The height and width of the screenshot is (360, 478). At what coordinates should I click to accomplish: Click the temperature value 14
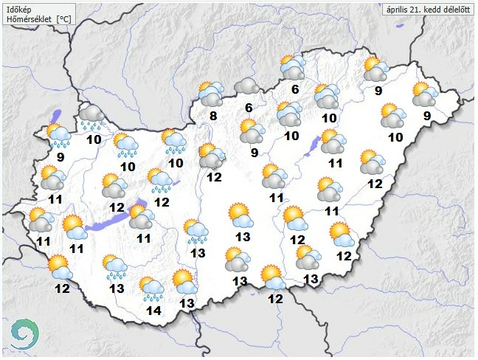click(x=153, y=311)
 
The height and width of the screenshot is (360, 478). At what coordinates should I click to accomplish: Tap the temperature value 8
click(x=212, y=115)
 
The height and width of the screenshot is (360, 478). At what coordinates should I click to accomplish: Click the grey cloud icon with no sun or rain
click(x=246, y=87)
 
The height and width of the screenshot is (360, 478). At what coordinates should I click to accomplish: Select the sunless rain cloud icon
click(x=93, y=115)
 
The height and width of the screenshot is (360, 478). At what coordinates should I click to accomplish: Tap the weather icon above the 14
click(x=152, y=290)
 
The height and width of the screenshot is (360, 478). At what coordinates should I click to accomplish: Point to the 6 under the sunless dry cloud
click(x=249, y=108)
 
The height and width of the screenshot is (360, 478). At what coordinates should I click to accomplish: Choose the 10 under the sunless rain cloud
click(x=94, y=139)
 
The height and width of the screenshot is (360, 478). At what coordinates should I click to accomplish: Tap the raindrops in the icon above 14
click(x=154, y=298)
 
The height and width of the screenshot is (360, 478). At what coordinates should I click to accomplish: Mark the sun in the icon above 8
click(x=206, y=89)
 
